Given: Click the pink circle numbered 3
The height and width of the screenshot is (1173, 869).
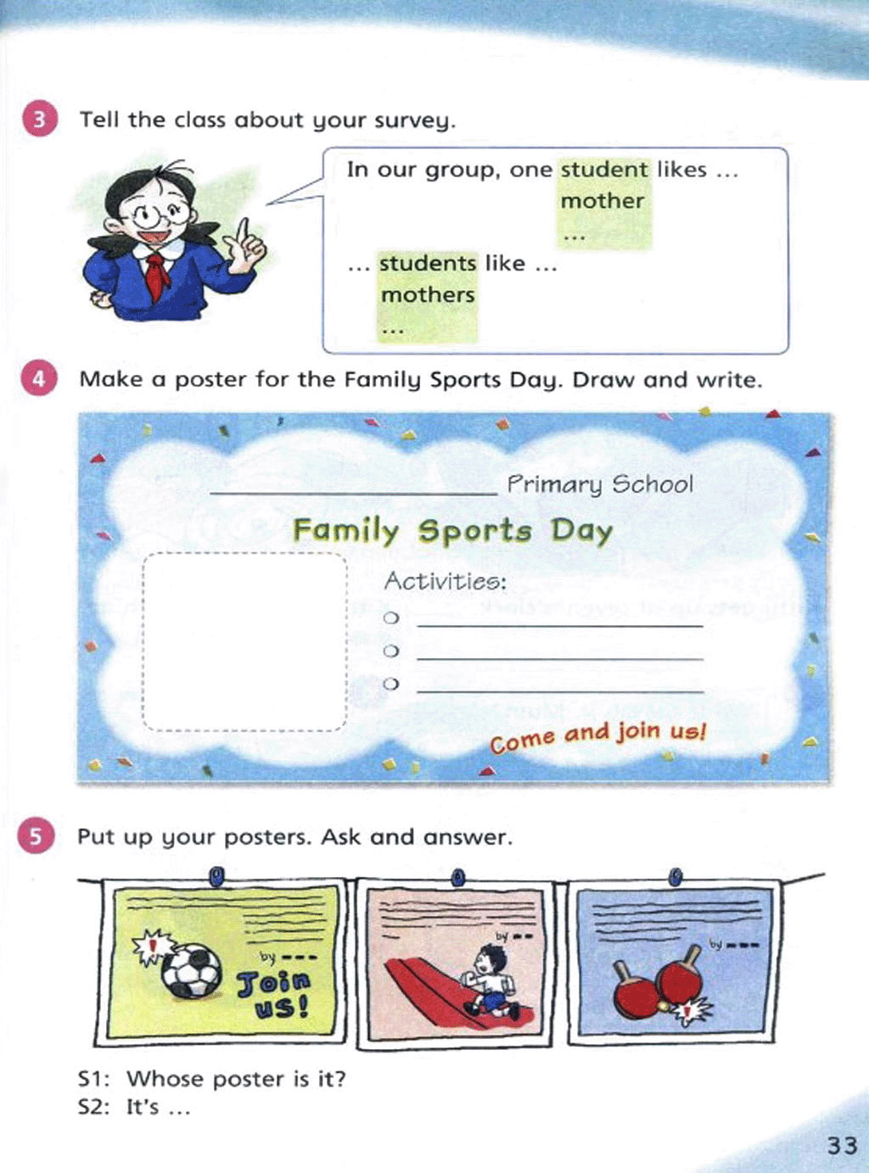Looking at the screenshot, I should pos(39,119).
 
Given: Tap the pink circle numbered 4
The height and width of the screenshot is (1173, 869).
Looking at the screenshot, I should pos(38,378).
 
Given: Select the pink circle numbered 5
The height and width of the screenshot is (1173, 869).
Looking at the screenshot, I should pos(36,836).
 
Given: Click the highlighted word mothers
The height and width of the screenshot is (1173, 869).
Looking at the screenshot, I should pos(428,295).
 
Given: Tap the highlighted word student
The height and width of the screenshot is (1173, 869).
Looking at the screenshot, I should pos(604,170).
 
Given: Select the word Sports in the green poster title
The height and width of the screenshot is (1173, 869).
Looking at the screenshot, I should pos(474,532).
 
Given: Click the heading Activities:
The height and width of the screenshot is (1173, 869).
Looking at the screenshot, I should pos(445,582).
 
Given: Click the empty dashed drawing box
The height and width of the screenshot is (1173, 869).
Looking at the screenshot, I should pos(245,641).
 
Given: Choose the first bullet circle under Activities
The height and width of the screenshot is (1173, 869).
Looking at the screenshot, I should pos(391,618).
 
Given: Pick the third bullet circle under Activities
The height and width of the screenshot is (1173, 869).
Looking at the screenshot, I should pos(391,684).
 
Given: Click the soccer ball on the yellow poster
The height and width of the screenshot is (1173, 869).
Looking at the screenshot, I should pos(192,970).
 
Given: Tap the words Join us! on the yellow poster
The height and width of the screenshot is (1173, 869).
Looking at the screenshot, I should pos(273,994).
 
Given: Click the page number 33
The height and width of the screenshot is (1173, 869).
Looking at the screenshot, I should pos(842,1145).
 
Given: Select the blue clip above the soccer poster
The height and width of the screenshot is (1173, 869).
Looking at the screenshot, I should pos(216,875).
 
